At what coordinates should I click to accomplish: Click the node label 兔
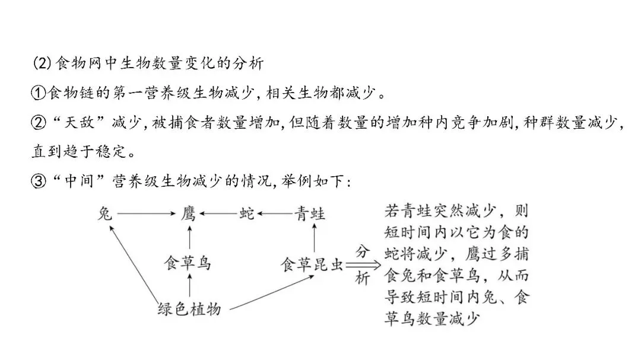pos(104,214)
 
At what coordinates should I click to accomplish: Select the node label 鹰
pos(188,214)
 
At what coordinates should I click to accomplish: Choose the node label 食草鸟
pos(188,263)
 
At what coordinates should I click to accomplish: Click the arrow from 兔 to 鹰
pos(145,214)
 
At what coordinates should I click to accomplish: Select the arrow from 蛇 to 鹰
pos(218,214)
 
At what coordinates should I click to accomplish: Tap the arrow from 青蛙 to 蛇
pos(276,214)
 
